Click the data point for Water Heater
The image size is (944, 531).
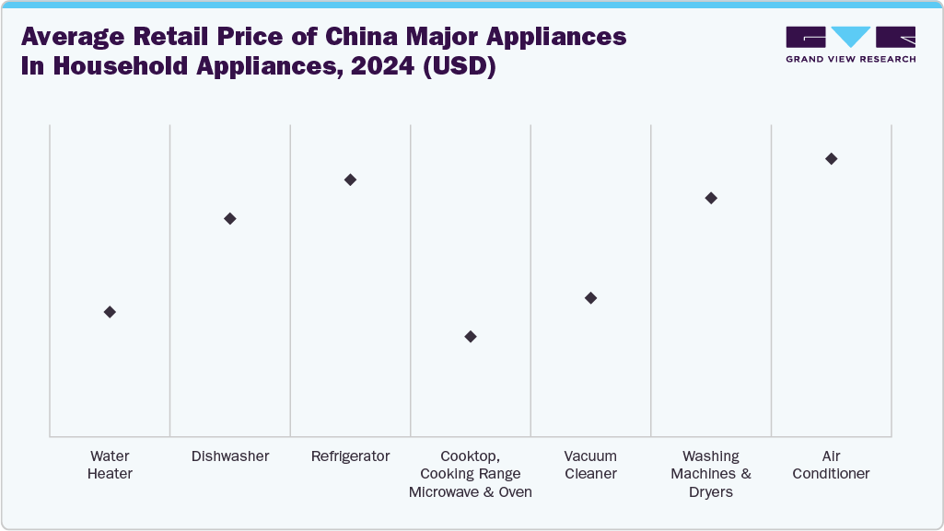[110, 312]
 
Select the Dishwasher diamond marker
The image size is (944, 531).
[230, 218]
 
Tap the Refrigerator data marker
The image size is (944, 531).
[350, 179]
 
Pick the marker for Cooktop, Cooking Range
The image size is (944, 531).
[471, 337]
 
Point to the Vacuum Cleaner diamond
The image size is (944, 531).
[590, 298]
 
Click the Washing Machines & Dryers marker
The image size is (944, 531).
[711, 198]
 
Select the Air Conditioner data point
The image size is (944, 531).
[831, 159]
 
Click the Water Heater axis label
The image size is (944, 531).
[110, 465]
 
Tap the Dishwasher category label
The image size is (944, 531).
[230, 456]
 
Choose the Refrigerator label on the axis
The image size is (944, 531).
[350, 456]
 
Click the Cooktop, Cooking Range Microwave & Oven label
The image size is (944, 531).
[471, 474]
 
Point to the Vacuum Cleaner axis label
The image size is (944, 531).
[590, 465]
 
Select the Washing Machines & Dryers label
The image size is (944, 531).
[711, 474]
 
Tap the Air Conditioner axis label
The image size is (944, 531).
[831, 465]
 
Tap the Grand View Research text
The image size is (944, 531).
[850, 59]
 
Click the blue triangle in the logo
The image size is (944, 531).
[850, 37]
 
